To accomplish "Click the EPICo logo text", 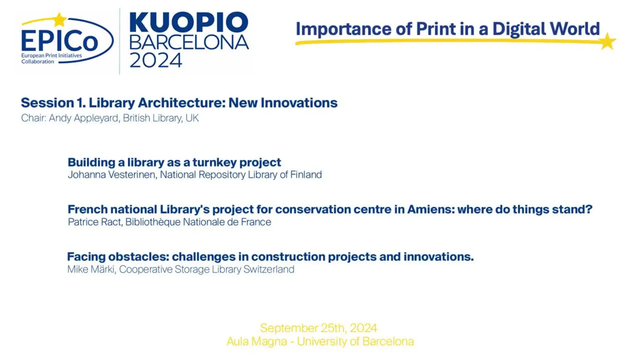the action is tap(60, 41).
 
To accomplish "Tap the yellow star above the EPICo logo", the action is tap(60, 19).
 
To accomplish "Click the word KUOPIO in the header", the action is tap(189, 22).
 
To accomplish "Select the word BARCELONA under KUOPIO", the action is tap(189, 42).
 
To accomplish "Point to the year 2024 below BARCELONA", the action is tap(156, 60).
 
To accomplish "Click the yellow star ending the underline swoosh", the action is tap(608, 41).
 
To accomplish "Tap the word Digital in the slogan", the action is tap(519, 29).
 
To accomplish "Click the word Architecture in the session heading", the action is tap(182, 103).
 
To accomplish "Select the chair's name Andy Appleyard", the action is tap(84, 118).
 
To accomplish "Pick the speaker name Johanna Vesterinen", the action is tap(112, 174).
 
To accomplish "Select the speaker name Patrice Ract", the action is tap(94, 222).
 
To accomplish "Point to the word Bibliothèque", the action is tap(153, 222).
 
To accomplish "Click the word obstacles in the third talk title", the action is tap(138, 257).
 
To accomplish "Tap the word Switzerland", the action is tap(269, 269).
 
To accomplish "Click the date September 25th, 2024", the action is tap(319, 328).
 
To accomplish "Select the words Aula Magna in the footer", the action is tap(257, 342).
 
